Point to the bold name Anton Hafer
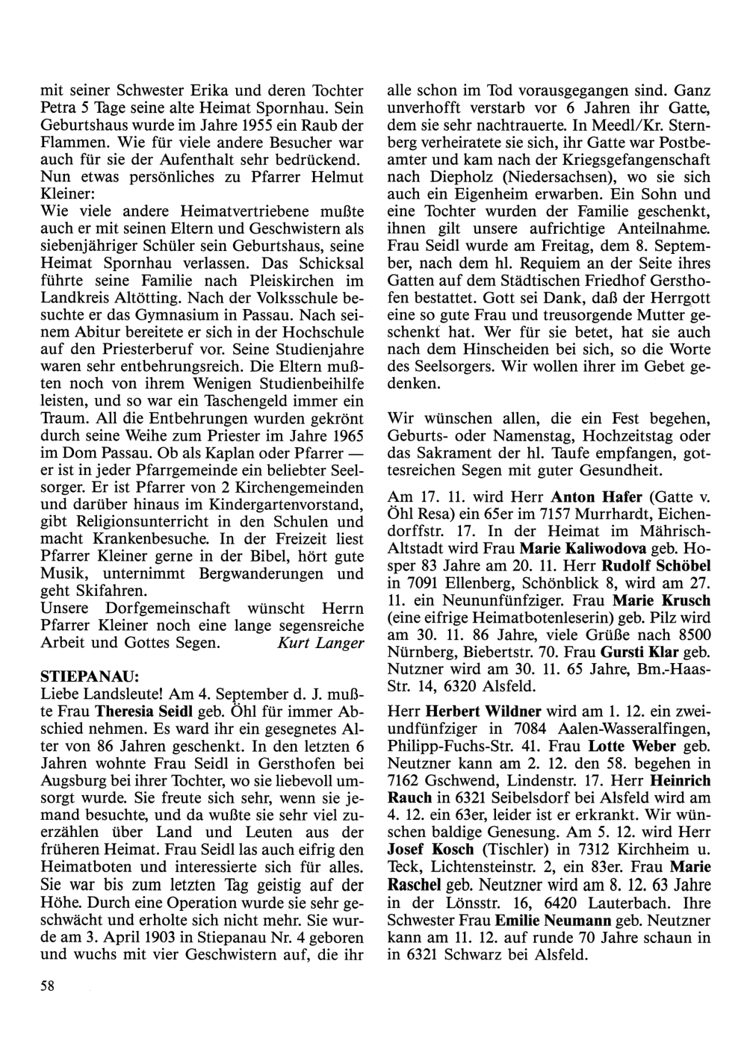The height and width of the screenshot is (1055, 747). (586, 496)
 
